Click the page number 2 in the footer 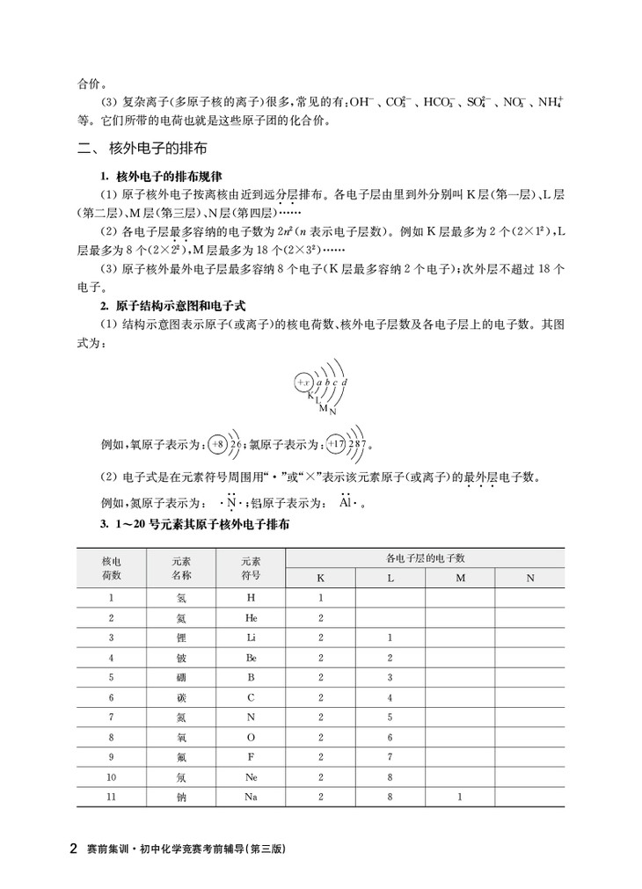click(74, 850)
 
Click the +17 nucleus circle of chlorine click(336, 445)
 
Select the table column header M click(460, 578)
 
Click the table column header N click(529, 578)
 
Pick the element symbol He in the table click(251, 618)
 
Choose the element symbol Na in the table click(251, 797)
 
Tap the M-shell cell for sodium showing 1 click(460, 797)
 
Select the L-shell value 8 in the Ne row click(390, 777)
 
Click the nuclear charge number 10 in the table click(111, 777)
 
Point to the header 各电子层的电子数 click(425, 558)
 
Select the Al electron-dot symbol click(348, 504)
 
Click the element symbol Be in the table click(251, 658)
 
